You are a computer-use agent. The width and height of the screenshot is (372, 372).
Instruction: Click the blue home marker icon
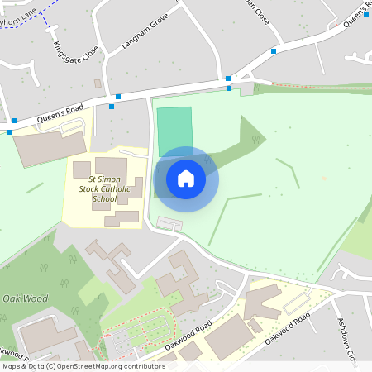coord(186,179)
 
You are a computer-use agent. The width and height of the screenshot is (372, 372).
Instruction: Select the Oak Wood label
coord(21,298)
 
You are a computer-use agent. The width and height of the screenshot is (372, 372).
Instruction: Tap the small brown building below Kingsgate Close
coord(98,83)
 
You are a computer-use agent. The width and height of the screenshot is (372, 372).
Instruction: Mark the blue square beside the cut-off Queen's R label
coord(365,14)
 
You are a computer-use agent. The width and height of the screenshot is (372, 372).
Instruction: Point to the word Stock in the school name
coord(89,189)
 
